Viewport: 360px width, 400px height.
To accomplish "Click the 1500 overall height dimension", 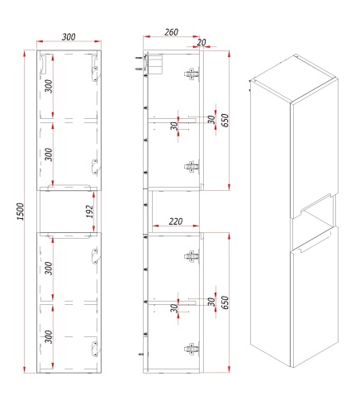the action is point(21,212).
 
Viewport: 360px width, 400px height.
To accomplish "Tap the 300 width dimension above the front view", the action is point(69,36).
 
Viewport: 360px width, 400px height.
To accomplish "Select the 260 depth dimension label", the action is point(171,32).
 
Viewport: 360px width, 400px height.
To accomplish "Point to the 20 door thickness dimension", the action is point(201,42).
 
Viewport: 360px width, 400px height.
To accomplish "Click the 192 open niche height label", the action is point(89,212).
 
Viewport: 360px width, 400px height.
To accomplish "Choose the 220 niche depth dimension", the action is point(176,221).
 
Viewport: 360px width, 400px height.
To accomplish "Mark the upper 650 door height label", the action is point(225,120).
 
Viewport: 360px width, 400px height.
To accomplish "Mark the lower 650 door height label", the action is point(225,302).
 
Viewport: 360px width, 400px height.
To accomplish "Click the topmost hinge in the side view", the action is point(192,74).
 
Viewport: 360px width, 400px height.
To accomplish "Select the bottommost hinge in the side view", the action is point(192,349).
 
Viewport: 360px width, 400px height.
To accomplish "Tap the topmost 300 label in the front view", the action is point(49,86).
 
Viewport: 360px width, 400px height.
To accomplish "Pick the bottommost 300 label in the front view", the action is point(49,336).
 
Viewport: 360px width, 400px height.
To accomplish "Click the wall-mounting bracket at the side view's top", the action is point(153,64).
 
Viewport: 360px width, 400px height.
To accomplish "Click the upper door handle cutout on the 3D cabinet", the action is point(315,203).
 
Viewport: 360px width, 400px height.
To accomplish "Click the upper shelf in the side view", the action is point(173,119).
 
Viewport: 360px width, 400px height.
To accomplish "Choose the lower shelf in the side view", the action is point(173,302).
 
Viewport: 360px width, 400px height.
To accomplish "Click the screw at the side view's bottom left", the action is point(142,355).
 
